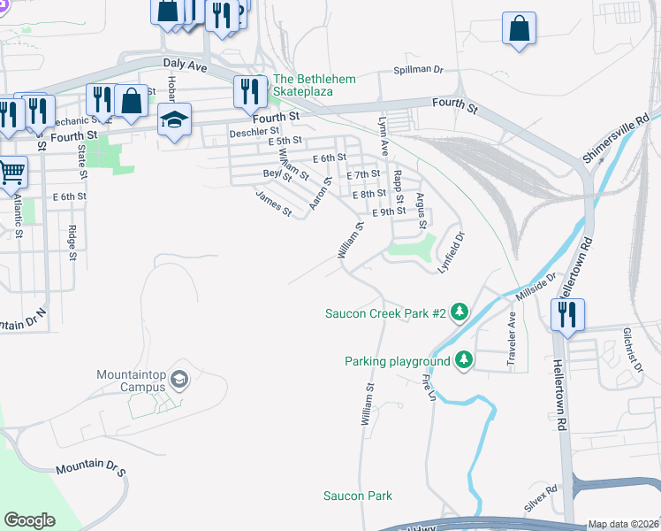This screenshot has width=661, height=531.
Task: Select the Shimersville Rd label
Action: (x=617, y=137)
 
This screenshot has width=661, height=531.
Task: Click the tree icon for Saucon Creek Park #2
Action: (x=459, y=312)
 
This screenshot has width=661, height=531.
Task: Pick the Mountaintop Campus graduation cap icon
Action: (x=179, y=380)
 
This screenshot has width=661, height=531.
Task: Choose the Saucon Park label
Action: (x=357, y=496)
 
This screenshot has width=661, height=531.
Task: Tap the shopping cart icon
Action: (x=11, y=170)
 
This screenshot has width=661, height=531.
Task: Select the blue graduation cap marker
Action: (x=175, y=119)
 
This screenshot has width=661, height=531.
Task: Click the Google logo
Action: (x=29, y=520)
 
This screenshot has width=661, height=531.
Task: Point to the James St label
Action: (x=274, y=204)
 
